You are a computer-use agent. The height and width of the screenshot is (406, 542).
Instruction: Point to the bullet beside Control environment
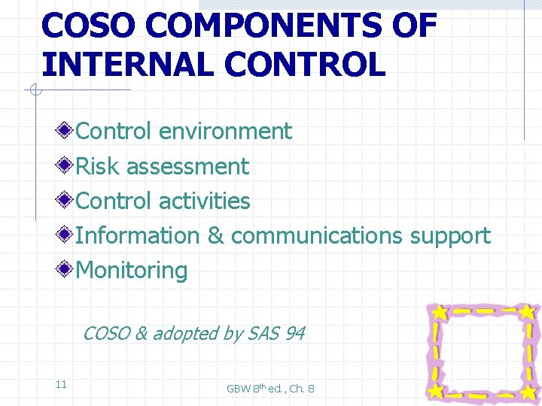66,131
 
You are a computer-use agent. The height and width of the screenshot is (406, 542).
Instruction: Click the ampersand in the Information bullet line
215,235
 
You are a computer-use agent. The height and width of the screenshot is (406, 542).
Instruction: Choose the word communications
317,235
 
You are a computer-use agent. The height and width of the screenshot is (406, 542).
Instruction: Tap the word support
450,235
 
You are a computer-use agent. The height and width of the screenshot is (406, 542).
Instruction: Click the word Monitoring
132,270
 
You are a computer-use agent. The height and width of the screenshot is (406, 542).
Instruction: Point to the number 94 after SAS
294,333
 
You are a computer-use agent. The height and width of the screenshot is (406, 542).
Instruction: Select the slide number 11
61,384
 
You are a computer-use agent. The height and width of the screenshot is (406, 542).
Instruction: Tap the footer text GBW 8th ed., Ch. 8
270,388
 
